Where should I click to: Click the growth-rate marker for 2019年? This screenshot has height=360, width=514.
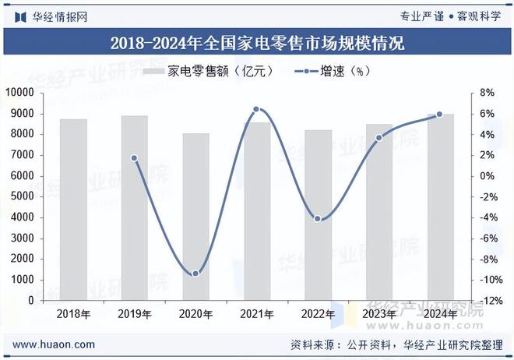[x=134, y=158]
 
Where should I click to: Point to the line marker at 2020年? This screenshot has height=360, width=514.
[x=195, y=274]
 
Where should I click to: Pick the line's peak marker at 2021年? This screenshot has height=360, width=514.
[x=256, y=109]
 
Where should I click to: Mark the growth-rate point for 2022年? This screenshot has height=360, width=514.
[x=318, y=219]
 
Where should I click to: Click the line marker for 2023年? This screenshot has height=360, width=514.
[x=379, y=138]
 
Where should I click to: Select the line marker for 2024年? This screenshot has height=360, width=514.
[x=439, y=115]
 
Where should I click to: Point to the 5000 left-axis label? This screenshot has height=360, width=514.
[x=23, y=196]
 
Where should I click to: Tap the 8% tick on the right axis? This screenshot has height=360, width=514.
[x=487, y=93]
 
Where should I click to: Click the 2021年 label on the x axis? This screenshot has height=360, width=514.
[x=257, y=314]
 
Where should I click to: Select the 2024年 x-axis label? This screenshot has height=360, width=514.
[x=440, y=314]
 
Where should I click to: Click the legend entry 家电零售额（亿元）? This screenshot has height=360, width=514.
[x=209, y=71]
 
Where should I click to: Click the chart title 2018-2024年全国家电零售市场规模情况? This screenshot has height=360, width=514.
[x=257, y=42]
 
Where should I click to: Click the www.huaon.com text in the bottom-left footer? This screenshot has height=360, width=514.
[x=54, y=344]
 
